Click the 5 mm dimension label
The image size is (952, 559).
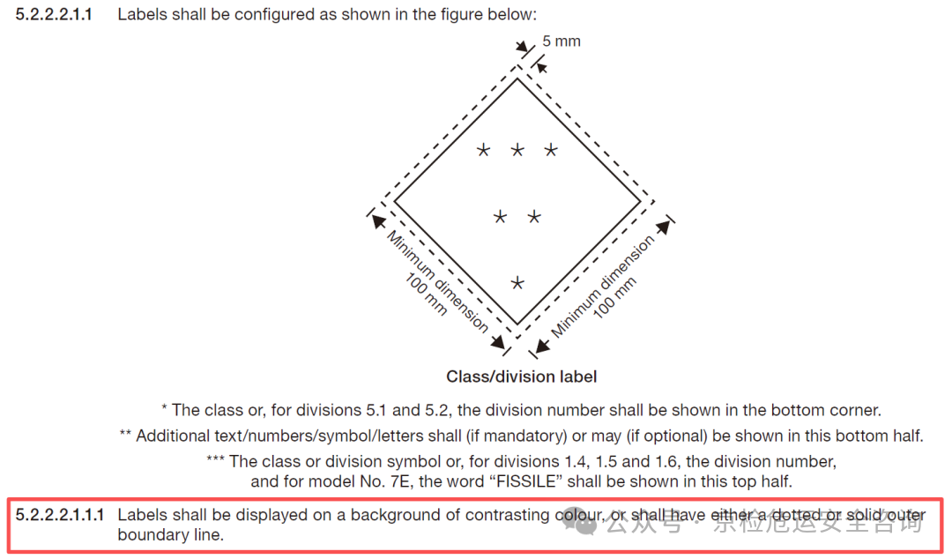point(561,41)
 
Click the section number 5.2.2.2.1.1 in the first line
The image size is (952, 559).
point(54,15)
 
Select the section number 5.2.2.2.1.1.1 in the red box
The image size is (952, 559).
point(60,515)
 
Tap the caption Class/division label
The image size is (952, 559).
point(522,376)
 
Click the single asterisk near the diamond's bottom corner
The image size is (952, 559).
point(517,282)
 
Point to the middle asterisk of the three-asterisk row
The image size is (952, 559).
point(517,150)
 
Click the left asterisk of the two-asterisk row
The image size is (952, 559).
point(500,216)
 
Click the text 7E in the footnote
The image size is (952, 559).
point(400,481)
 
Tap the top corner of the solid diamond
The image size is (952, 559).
point(517,78)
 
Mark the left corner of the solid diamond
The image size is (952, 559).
point(395,202)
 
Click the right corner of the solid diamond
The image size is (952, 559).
point(641,201)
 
